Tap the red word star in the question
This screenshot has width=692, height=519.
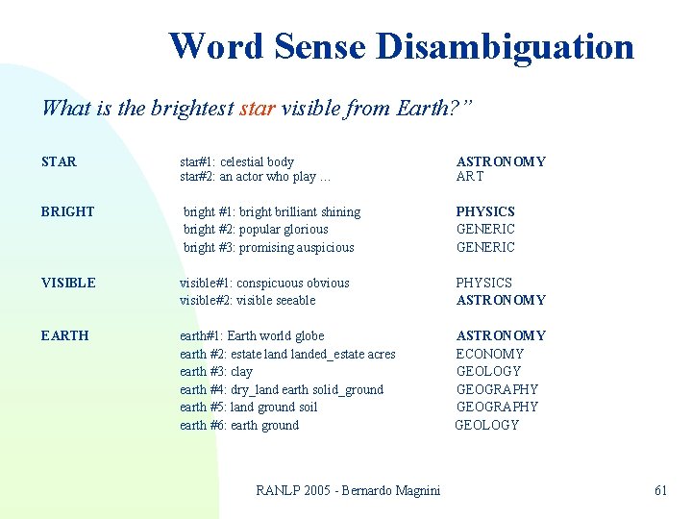258,108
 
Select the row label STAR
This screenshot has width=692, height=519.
59,161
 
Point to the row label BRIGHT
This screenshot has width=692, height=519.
67,211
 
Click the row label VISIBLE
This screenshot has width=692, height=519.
68,283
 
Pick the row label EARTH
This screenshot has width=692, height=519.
64,335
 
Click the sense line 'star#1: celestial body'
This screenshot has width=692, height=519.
237,161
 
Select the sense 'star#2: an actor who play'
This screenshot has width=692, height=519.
255,176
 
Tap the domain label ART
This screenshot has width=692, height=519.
470,176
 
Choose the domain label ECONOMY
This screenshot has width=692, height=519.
489,354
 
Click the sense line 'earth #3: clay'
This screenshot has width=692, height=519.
216,371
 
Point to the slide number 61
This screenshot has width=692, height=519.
660,490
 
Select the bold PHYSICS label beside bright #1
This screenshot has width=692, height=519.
485,211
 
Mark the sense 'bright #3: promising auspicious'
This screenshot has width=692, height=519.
268,247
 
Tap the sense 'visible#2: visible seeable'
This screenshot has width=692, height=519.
247,300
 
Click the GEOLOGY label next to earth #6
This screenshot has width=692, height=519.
486,425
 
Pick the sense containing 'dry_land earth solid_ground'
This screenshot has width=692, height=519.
282,389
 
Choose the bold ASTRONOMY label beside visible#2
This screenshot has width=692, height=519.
501,300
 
